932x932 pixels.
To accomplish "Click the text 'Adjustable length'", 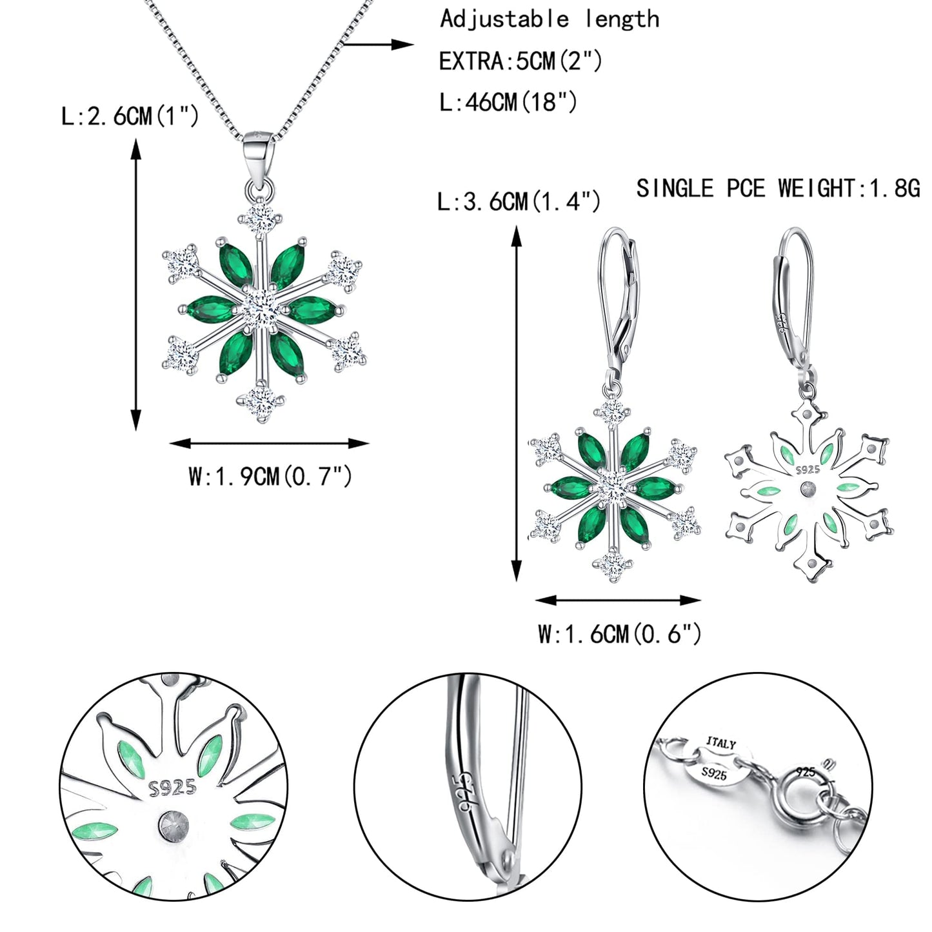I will pyautogui.click(x=550, y=19).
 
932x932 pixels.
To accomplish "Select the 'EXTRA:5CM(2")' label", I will pyautogui.click(x=521, y=61).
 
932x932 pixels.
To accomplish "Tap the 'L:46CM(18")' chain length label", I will pyautogui.click(x=508, y=102).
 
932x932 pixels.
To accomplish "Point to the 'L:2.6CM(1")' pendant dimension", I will pyautogui.click(x=130, y=117).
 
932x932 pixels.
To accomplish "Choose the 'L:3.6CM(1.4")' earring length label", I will pyautogui.click(x=519, y=201).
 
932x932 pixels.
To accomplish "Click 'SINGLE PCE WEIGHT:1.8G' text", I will pyautogui.click(x=778, y=188).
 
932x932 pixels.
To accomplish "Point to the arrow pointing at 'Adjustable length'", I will pyautogui.click(x=377, y=45).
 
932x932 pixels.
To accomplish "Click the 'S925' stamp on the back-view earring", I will pyautogui.click(x=808, y=470).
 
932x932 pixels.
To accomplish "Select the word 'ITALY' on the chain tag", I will pyautogui.click(x=720, y=743).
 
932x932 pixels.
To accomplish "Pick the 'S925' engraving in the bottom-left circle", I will pyautogui.click(x=172, y=787).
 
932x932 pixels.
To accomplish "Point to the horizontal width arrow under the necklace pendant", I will pyautogui.click(x=269, y=443).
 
